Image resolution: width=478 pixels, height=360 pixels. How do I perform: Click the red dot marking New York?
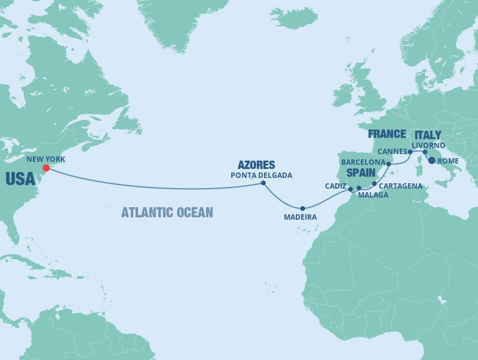click(46, 168)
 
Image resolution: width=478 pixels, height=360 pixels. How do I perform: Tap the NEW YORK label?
click(45, 159)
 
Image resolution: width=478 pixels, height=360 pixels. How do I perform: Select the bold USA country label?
click(19, 179)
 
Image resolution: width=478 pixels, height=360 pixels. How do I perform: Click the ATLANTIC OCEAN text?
click(167, 212)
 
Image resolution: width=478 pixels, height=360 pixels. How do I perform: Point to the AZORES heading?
click(257, 164)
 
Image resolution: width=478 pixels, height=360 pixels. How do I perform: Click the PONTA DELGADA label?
click(261, 175)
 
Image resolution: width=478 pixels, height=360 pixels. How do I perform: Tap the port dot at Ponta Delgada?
click(263, 183)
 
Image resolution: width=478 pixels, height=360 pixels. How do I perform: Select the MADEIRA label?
click(301, 217)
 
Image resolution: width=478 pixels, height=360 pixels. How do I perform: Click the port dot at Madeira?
click(304, 208)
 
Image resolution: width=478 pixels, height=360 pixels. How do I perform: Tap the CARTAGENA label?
click(401, 186)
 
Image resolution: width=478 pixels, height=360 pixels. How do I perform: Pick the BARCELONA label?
click(363, 162)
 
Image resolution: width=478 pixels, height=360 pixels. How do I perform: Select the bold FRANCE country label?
click(387, 134)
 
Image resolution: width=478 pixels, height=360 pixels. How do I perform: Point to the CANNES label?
click(393, 152)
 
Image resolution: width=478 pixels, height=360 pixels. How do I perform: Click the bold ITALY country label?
click(428, 135)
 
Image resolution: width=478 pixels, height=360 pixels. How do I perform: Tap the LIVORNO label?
click(428, 145)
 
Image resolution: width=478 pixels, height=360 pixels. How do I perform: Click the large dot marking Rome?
click(431, 161)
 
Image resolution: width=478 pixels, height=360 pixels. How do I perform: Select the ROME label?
click(448, 161)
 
